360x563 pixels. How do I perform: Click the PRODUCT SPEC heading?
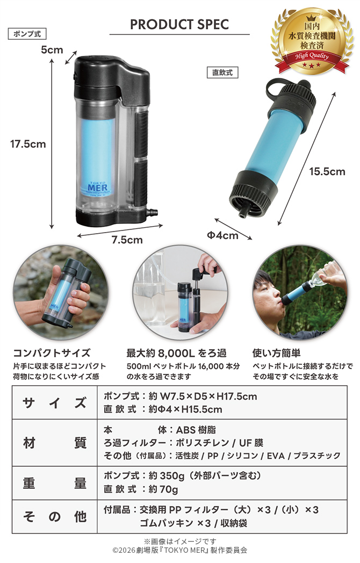coord(179,24)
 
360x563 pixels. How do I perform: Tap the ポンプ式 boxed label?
coord(27,34)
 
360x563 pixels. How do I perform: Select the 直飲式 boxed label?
coord(222,73)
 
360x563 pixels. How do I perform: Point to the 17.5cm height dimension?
coord(28,144)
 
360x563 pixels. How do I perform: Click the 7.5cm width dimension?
coord(127,240)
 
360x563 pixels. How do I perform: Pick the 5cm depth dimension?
coord(52,49)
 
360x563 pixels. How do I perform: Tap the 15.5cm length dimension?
coord(327,171)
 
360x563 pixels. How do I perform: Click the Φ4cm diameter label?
coord(222,235)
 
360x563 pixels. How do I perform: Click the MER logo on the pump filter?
coord(97,188)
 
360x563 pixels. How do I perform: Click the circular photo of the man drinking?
coord(300,293)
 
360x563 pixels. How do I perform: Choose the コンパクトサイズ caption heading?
coord(52,353)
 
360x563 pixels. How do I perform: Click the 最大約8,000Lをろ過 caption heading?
coord(176,353)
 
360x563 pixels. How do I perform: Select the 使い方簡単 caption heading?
coord(276,353)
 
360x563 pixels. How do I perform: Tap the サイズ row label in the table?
coord(55,402)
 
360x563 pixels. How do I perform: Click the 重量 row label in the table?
coord(55,483)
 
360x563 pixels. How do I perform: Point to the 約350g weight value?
coord(167,476)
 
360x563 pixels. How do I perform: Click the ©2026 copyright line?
coord(179,550)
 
